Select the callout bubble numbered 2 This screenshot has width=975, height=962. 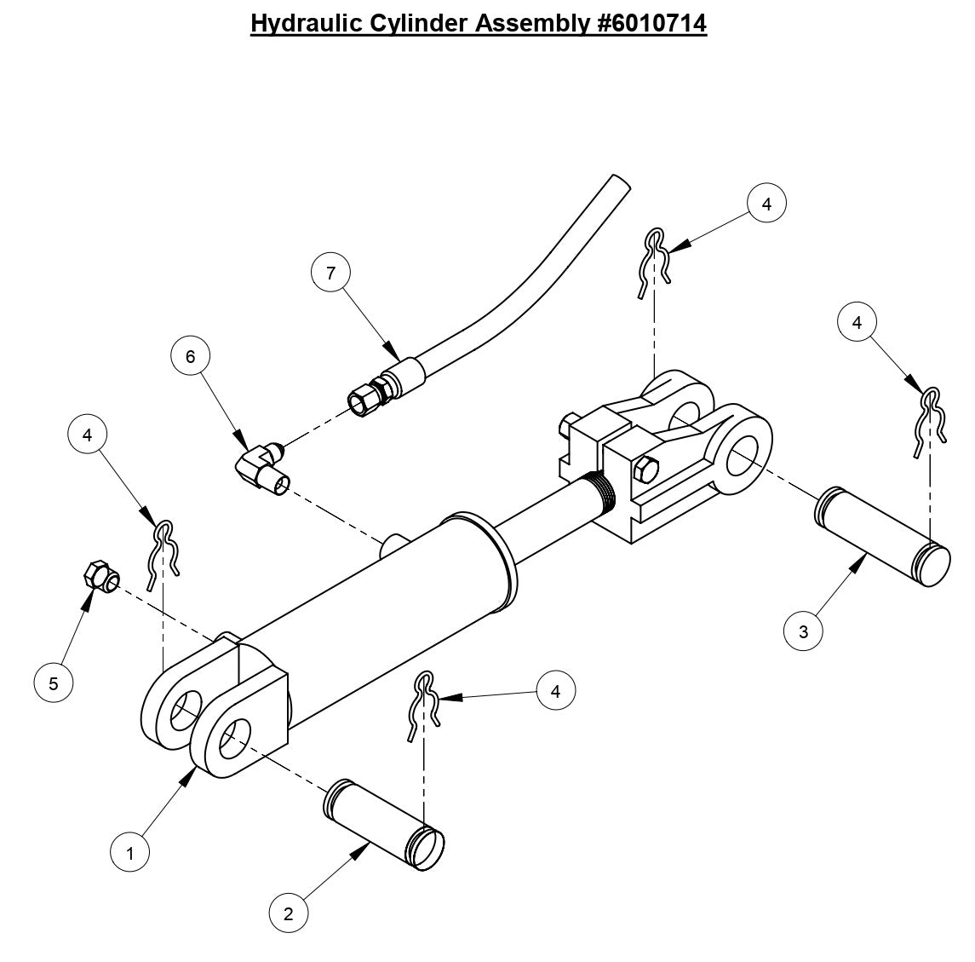[289, 914]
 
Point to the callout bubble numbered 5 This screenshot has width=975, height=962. [54, 683]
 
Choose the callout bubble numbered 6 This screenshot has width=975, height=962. [190, 356]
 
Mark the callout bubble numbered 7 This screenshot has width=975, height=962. [331, 273]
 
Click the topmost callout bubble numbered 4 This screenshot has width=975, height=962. [766, 204]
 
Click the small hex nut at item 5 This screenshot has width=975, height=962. [99, 578]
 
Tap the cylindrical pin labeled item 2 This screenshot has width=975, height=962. [384, 824]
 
